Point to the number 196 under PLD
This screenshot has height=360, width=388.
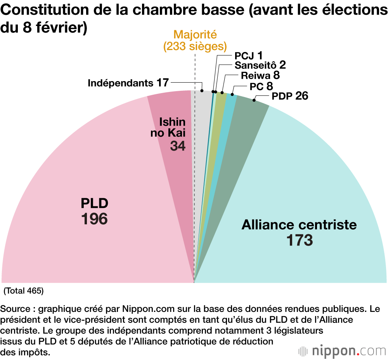pos(94,219)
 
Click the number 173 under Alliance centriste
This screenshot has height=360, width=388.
pos(299,241)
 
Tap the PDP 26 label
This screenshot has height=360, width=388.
pos(290,95)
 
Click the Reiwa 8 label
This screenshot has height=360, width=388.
pos(260,76)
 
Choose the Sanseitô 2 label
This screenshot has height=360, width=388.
pos(260,65)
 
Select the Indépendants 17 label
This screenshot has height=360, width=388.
pos(128,83)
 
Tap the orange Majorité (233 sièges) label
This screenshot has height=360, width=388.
pos(195,40)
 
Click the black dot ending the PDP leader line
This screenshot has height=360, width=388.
pos(254,100)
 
